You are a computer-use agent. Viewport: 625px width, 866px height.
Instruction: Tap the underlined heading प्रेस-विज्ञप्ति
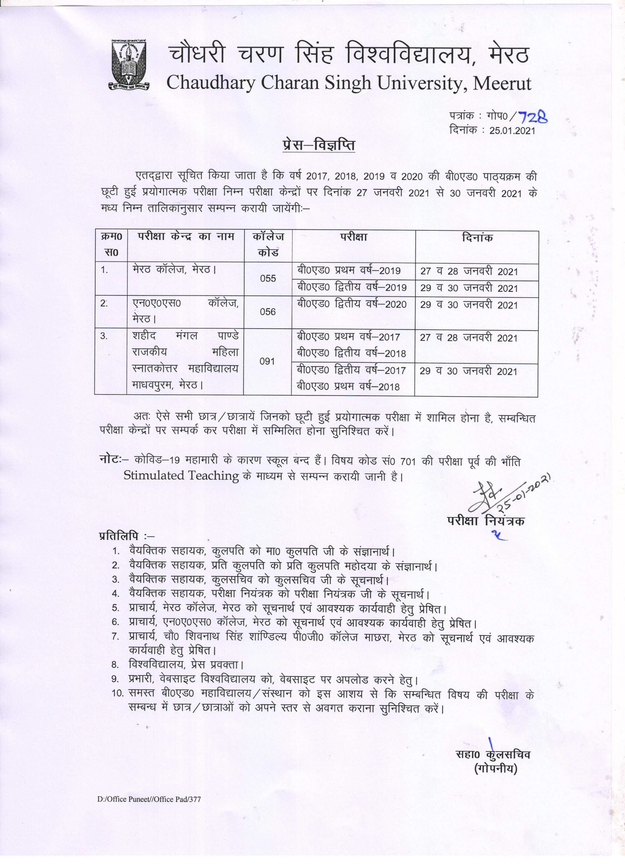pyautogui.click(x=319, y=146)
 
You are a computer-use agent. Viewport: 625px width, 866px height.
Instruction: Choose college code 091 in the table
pyautogui.click(x=267, y=361)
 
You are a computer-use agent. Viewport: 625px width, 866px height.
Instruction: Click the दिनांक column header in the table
pyautogui.click(x=477, y=238)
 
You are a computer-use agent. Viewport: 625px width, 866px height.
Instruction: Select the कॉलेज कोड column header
pyautogui.click(x=268, y=244)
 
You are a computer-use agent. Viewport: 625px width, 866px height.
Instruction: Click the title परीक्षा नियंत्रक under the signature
pyautogui.click(x=486, y=521)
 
